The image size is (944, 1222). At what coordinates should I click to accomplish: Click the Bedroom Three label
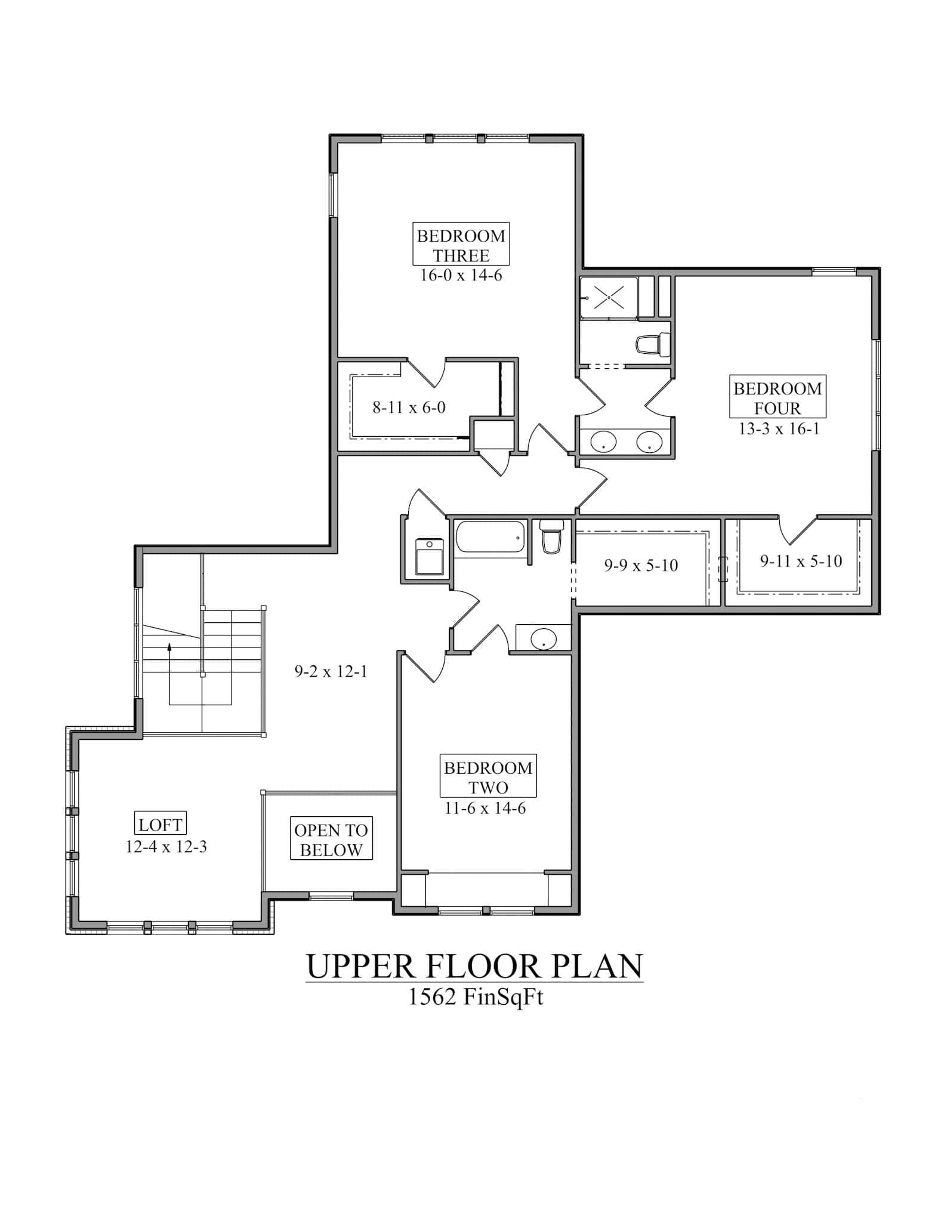pos(461,245)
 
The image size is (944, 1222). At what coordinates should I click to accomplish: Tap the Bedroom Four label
pos(778,398)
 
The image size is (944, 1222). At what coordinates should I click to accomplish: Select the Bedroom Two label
pos(488,777)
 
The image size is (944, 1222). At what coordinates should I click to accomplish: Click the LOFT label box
pos(160,825)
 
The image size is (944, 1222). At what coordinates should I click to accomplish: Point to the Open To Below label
pos(331,840)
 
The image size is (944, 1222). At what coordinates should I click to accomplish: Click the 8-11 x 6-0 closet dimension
pos(409,408)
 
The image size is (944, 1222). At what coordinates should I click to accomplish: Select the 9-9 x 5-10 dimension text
pos(641,566)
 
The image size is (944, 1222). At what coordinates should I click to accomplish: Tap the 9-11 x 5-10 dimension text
pos(801,561)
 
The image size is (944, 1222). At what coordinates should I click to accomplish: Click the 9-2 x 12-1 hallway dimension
pos(331,672)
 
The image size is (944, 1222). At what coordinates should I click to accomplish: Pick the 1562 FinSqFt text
pos(475,998)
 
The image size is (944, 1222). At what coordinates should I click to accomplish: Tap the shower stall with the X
pos(609,297)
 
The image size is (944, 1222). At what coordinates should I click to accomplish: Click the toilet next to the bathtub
pos(551,538)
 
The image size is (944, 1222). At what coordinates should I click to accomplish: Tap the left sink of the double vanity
pos(603,443)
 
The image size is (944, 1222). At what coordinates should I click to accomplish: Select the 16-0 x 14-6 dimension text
pos(461,276)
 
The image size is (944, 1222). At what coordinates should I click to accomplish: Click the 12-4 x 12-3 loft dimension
pos(166,847)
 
